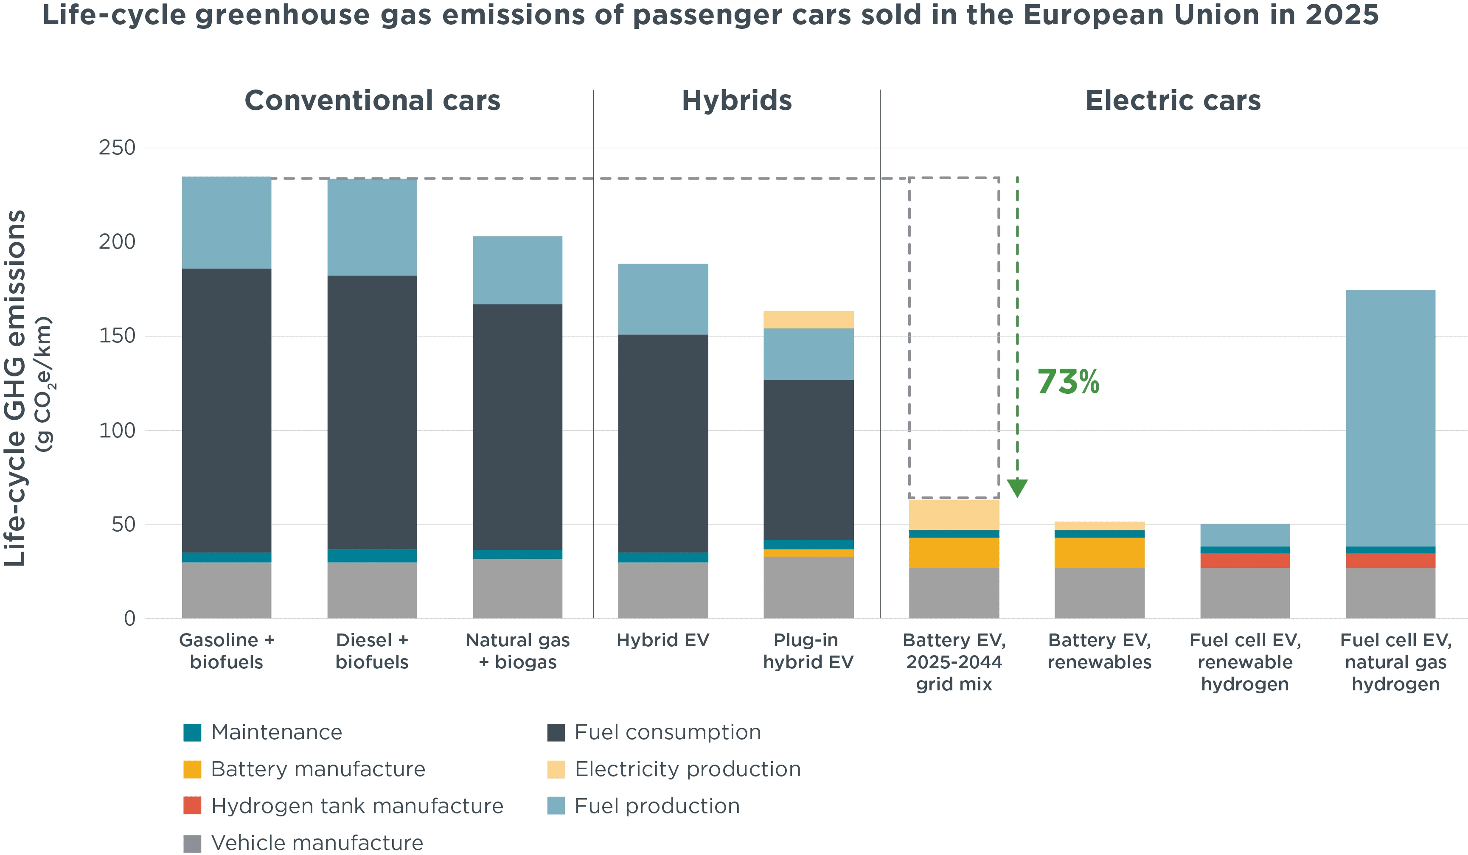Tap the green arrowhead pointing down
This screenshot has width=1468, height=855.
point(1017,487)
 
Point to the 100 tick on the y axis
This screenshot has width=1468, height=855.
point(117,430)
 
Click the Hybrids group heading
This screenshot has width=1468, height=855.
point(736,100)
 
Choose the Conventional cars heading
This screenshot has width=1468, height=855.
point(372,100)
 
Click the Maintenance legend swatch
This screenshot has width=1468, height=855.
point(192,732)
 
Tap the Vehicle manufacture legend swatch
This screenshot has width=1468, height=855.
point(192,843)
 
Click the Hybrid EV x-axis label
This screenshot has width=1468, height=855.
point(663,640)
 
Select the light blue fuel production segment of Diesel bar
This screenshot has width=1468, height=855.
point(372,227)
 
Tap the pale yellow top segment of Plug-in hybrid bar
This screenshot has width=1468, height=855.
point(808,320)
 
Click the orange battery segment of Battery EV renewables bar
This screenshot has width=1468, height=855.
point(1099,552)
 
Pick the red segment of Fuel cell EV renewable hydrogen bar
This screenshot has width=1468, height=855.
point(1245,560)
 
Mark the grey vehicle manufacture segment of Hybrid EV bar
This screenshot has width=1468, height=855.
point(663,589)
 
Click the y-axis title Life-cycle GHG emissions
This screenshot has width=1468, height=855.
point(16,388)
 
